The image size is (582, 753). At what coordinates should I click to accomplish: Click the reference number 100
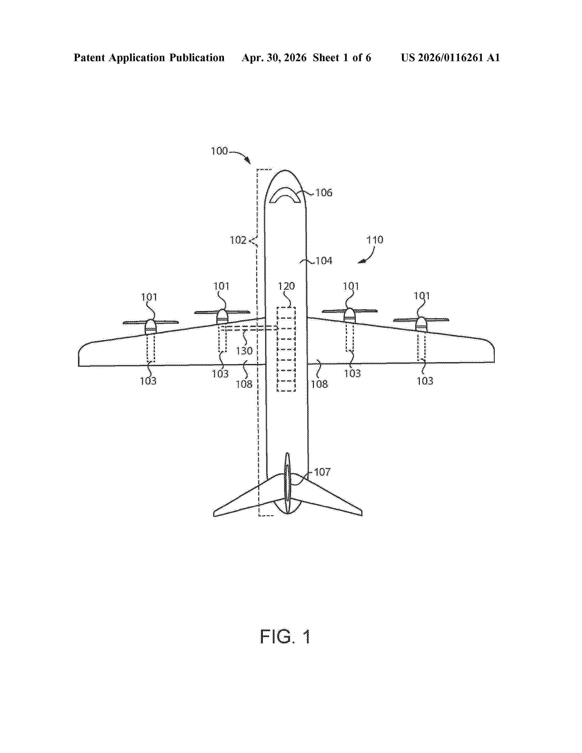point(219,151)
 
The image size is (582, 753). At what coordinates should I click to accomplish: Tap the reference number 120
point(286,286)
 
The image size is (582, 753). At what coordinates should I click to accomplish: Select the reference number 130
point(244,351)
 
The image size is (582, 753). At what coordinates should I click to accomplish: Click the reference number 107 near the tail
point(322,472)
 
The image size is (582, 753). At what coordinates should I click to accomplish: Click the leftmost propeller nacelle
point(151,327)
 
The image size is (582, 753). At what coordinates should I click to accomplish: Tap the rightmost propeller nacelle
point(421,324)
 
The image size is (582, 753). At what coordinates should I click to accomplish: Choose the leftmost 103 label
point(148,381)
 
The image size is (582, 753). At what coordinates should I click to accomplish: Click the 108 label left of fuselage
point(244,384)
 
